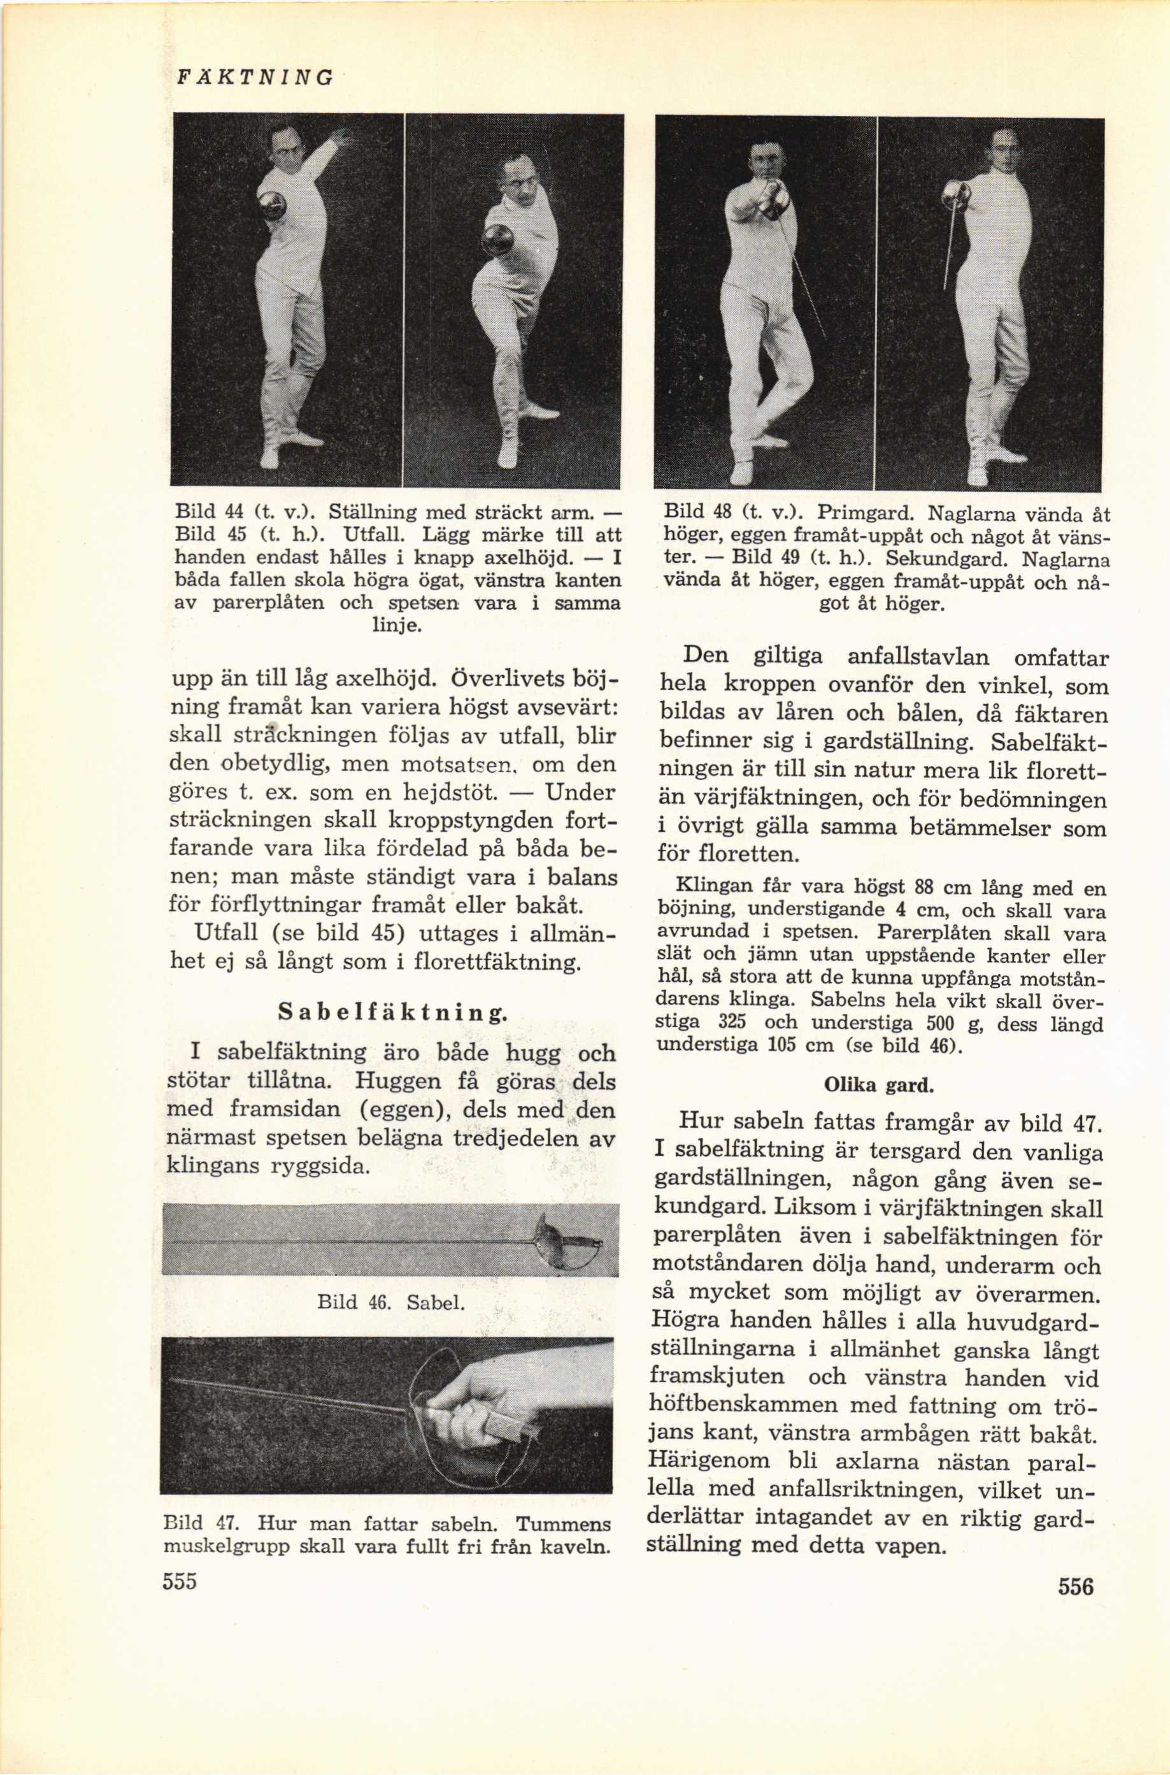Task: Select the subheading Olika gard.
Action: coord(878,1084)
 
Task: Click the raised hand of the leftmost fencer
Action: coord(343,136)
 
